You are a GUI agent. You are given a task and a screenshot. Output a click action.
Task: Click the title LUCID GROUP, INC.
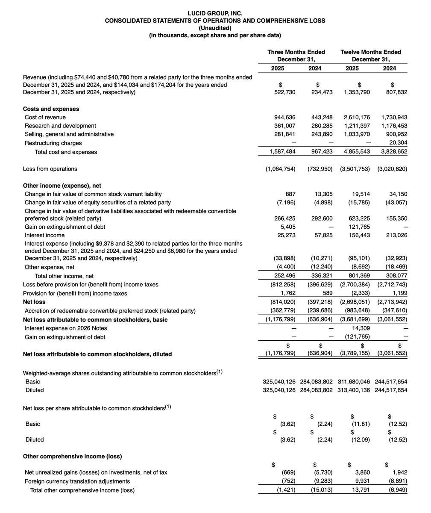click(215, 13)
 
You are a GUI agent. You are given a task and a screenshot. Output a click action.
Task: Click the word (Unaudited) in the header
click(215, 28)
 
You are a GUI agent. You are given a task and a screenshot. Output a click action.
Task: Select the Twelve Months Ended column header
click(371, 52)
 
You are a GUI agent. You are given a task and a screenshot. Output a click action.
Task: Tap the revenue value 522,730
click(284, 92)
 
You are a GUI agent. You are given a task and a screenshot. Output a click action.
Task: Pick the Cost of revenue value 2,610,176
click(356, 117)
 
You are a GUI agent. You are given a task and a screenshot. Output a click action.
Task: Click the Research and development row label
click(60, 126)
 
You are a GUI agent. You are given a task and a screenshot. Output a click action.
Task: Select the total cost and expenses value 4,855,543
click(356, 152)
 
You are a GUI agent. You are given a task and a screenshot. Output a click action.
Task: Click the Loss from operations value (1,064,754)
click(280, 169)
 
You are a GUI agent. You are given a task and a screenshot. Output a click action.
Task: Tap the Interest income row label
click(45, 235)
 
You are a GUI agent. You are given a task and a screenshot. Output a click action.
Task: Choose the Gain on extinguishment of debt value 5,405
click(287, 227)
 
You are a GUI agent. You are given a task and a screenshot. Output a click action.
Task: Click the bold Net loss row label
click(35, 302)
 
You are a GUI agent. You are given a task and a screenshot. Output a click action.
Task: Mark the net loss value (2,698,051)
click(355, 302)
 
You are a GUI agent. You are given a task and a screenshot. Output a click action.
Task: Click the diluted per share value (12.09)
click(361, 439)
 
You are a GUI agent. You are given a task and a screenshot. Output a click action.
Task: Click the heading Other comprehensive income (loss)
click(72, 456)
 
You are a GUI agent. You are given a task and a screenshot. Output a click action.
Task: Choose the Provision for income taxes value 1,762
click(288, 293)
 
